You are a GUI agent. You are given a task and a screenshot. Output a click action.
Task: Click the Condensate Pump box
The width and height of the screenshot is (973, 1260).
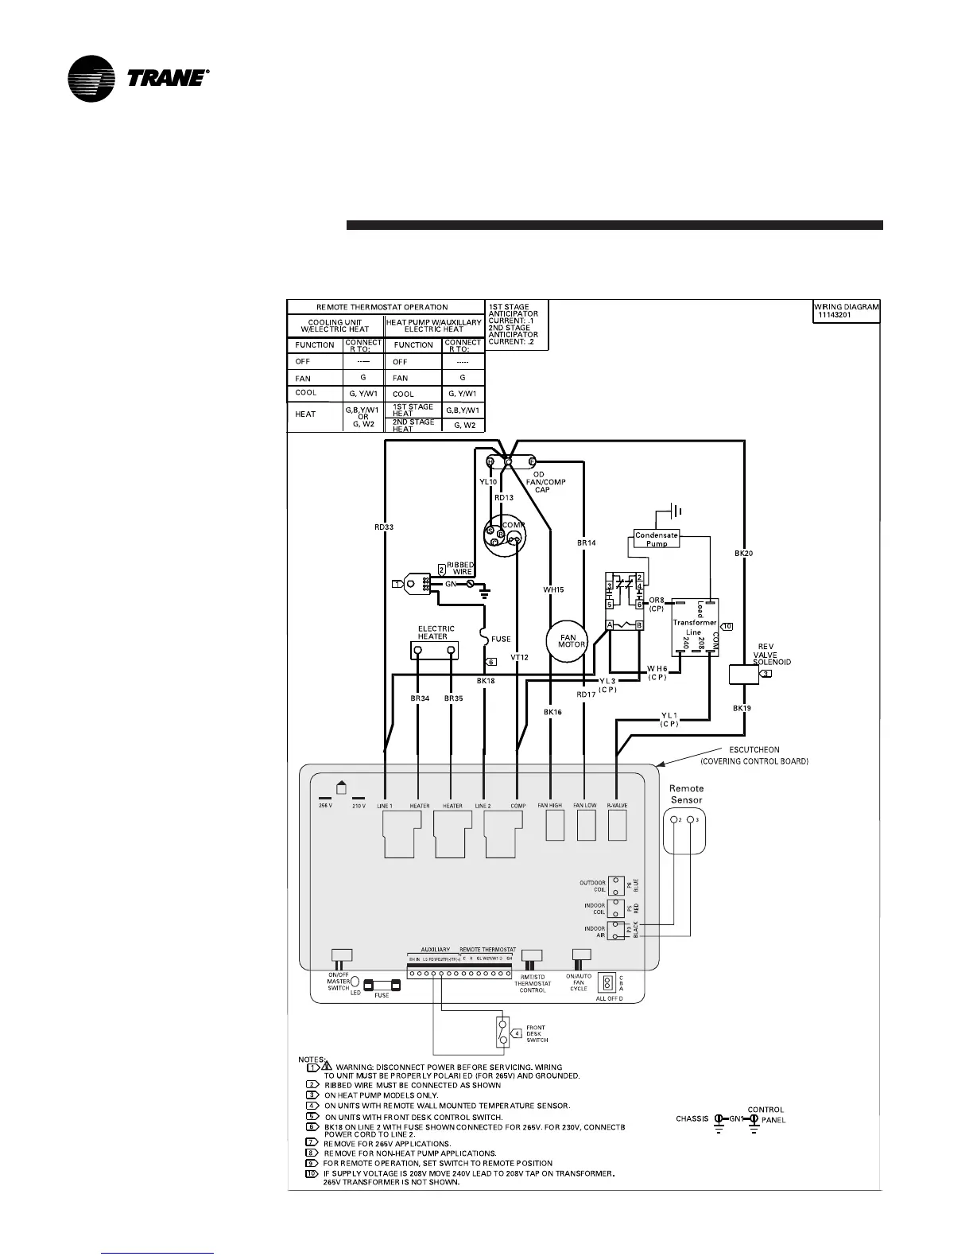pos(657,539)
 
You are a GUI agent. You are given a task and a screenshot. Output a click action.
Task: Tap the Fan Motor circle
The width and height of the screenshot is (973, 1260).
pos(568,641)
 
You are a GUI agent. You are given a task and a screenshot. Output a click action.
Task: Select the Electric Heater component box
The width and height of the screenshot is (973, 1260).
pos(435,651)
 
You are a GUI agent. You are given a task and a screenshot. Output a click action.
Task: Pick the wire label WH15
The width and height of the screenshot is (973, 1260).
pos(553,589)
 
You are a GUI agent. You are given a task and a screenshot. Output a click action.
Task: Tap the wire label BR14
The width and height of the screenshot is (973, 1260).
pos(586,542)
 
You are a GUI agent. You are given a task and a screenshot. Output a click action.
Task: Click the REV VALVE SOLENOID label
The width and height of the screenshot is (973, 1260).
pos(774,654)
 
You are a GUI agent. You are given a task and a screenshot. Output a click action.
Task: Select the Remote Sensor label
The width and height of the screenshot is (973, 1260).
pos(686,794)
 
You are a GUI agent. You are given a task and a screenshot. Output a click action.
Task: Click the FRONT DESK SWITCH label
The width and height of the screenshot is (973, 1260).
pos(537,1033)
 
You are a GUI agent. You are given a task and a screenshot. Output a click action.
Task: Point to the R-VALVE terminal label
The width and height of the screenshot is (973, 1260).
pos(617,806)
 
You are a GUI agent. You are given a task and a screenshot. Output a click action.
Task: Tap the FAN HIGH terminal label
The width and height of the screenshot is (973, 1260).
pos(550,806)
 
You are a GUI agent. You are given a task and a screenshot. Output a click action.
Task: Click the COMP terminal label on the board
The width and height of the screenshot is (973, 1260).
pos(518,806)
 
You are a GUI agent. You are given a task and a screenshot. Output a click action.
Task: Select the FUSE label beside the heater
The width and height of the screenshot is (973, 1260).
pos(501,639)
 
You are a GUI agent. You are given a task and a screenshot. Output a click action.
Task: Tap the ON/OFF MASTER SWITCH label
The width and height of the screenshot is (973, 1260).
pos(339,981)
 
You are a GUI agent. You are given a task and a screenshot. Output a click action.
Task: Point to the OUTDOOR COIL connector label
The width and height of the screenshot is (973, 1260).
pos(592,886)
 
